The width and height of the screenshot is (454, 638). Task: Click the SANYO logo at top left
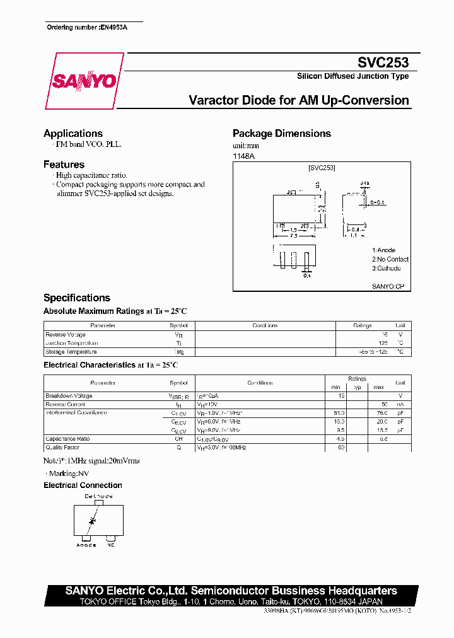(x=84, y=81)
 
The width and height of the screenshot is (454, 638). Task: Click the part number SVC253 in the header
(x=383, y=62)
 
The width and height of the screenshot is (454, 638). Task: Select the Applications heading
(x=73, y=134)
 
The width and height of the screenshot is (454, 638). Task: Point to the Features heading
(x=64, y=165)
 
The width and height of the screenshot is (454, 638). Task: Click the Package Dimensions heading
(x=282, y=134)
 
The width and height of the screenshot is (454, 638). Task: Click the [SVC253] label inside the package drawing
(x=322, y=168)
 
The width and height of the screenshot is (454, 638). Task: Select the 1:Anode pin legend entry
(x=383, y=250)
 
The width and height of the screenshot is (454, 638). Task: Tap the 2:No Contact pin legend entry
(x=390, y=259)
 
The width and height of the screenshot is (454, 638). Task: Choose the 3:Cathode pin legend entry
(x=386, y=268)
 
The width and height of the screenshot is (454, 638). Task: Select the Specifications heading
(x=77, y=298)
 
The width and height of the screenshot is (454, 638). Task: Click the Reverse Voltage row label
(x=66, y=335)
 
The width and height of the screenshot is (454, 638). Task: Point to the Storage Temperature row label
(x=71, y=352)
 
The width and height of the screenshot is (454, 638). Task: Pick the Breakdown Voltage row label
(x=69, y=396)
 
